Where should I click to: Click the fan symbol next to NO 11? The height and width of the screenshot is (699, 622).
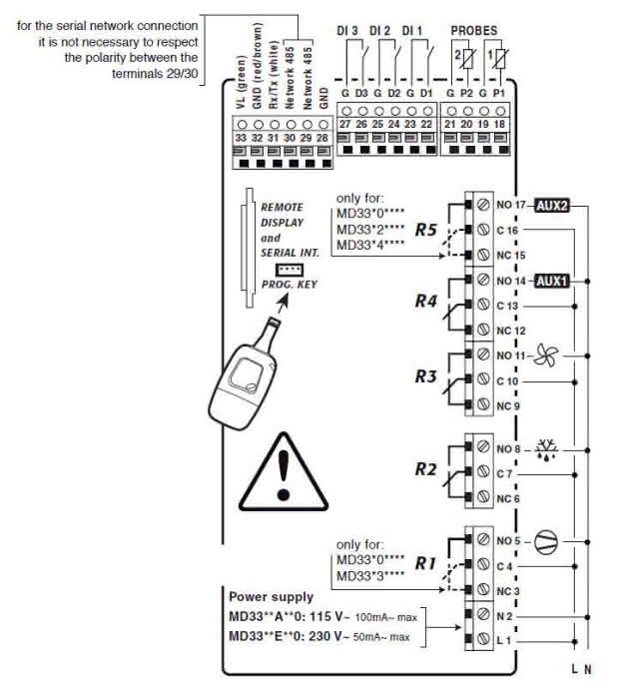click(545, 354)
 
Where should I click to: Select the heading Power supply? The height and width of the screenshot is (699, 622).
click(271, 597)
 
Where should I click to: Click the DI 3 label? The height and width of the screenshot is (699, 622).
click(349, 32)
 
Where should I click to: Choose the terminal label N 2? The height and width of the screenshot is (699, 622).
click(509, 618)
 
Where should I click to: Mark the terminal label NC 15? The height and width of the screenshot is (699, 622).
click(510, 255)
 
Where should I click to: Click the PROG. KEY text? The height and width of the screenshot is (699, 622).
click(286, 286)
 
